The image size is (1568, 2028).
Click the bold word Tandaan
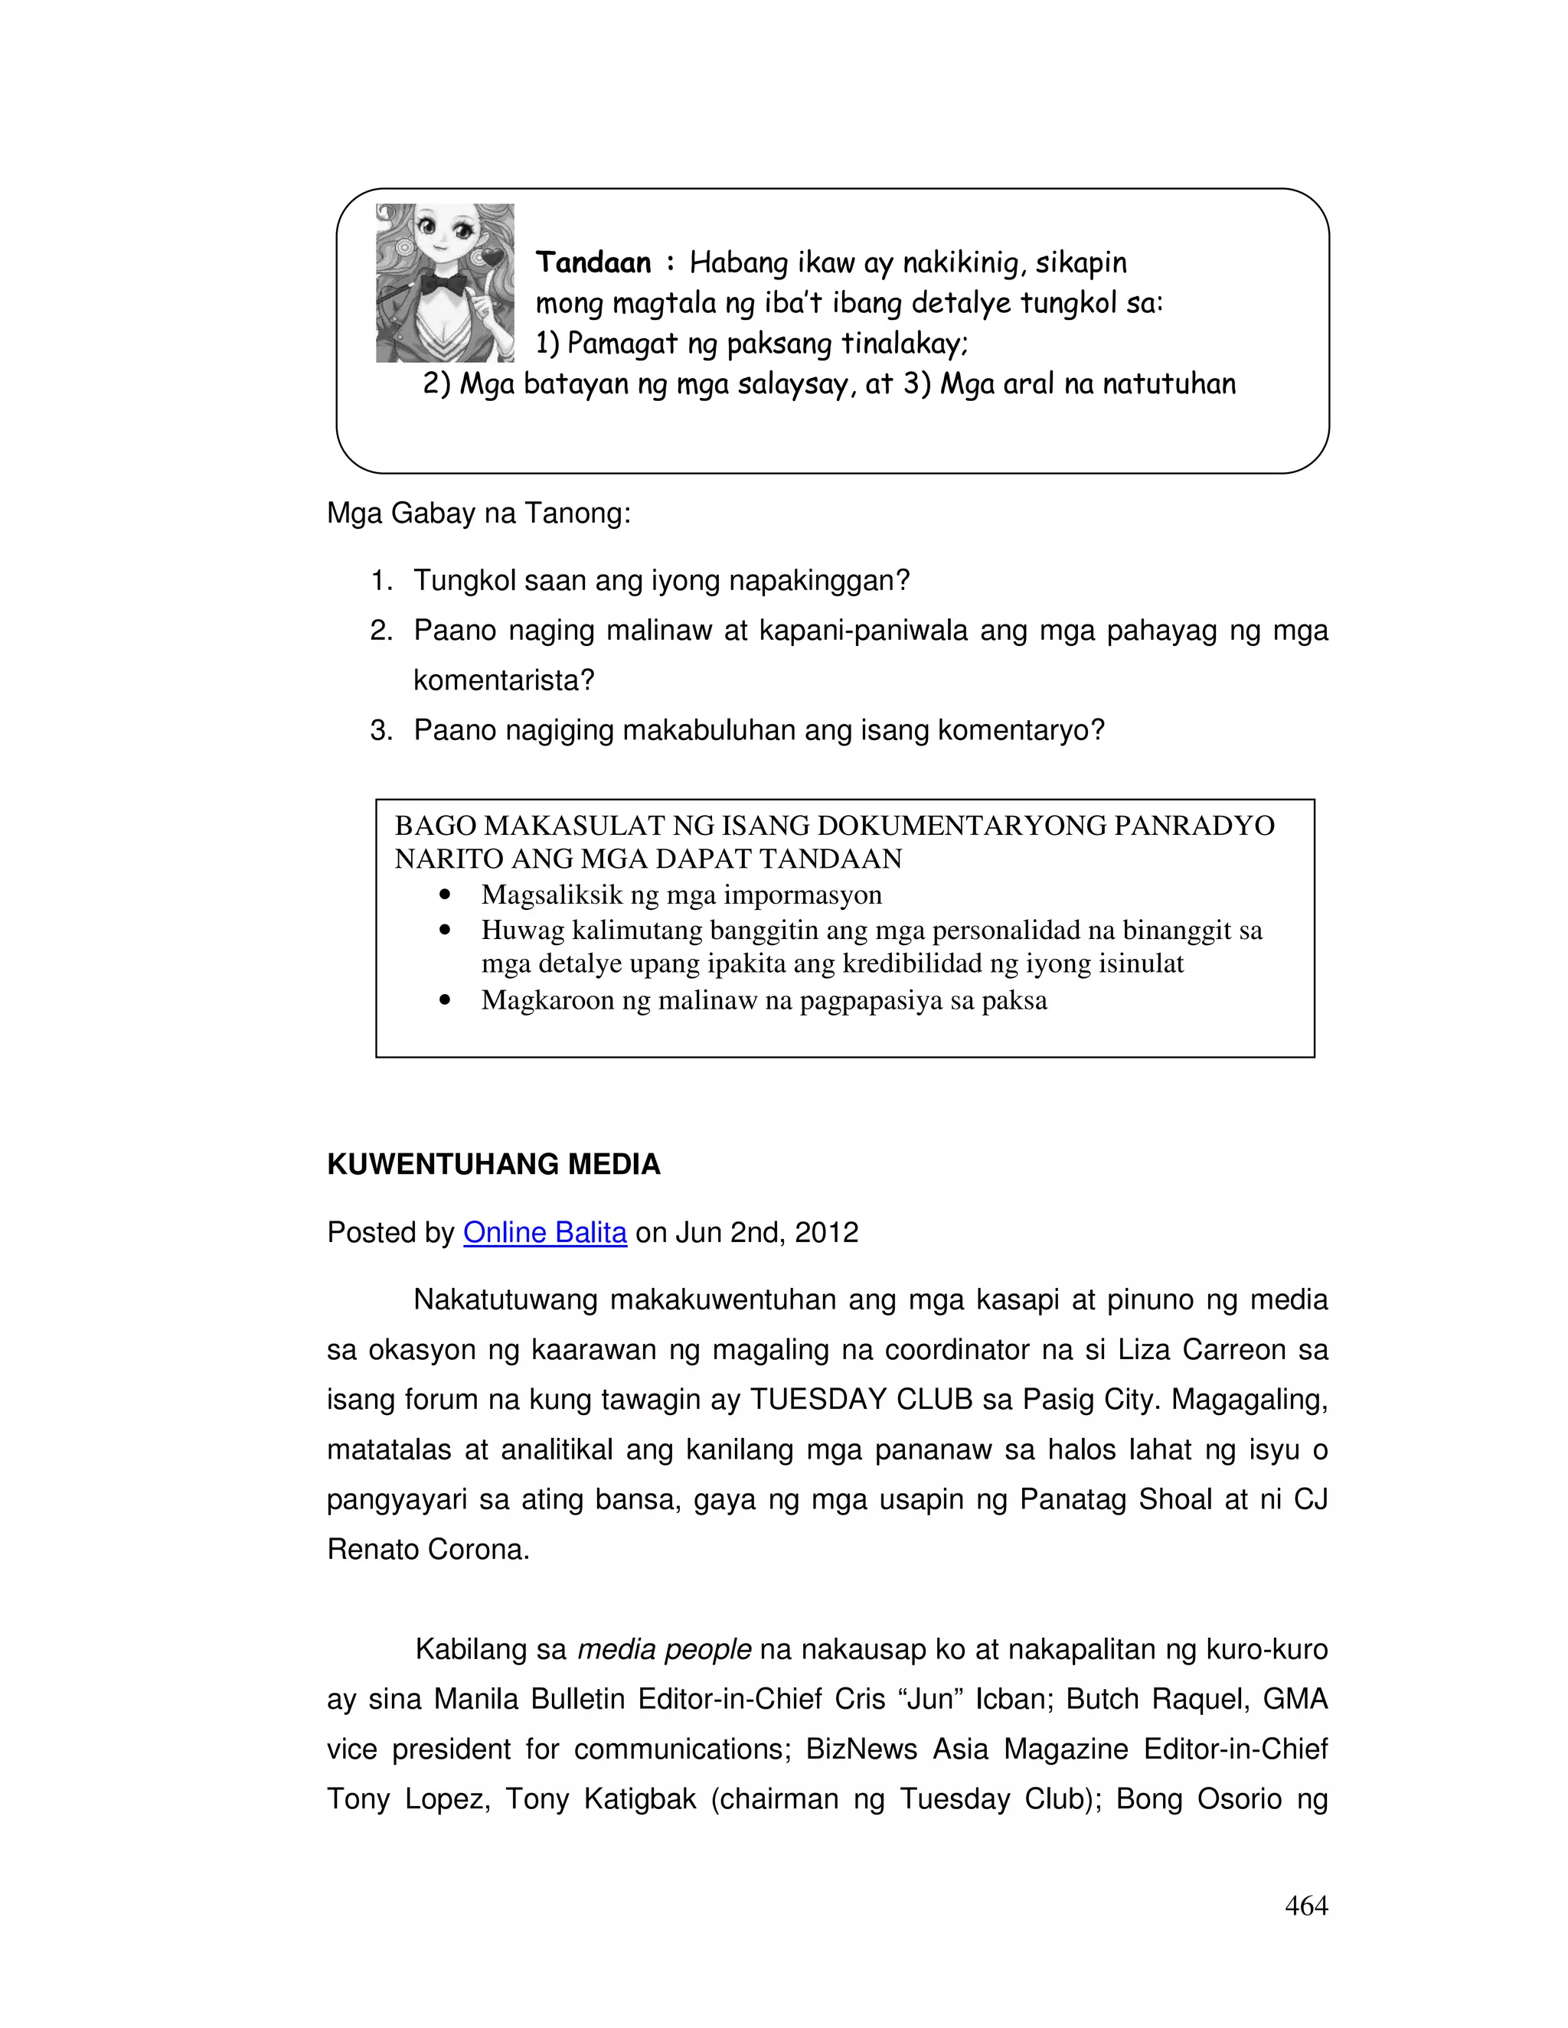tap(593, 262)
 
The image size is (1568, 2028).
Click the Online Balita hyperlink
tap(544, 1232)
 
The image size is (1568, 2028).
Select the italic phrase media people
tap(663, 1649)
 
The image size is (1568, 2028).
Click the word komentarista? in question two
tap(504, 680)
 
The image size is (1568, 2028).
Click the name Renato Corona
tap(427, 1549)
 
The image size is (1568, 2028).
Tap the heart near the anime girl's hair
tap(492, 257)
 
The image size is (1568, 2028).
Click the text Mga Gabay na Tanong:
tap(479, 513)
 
